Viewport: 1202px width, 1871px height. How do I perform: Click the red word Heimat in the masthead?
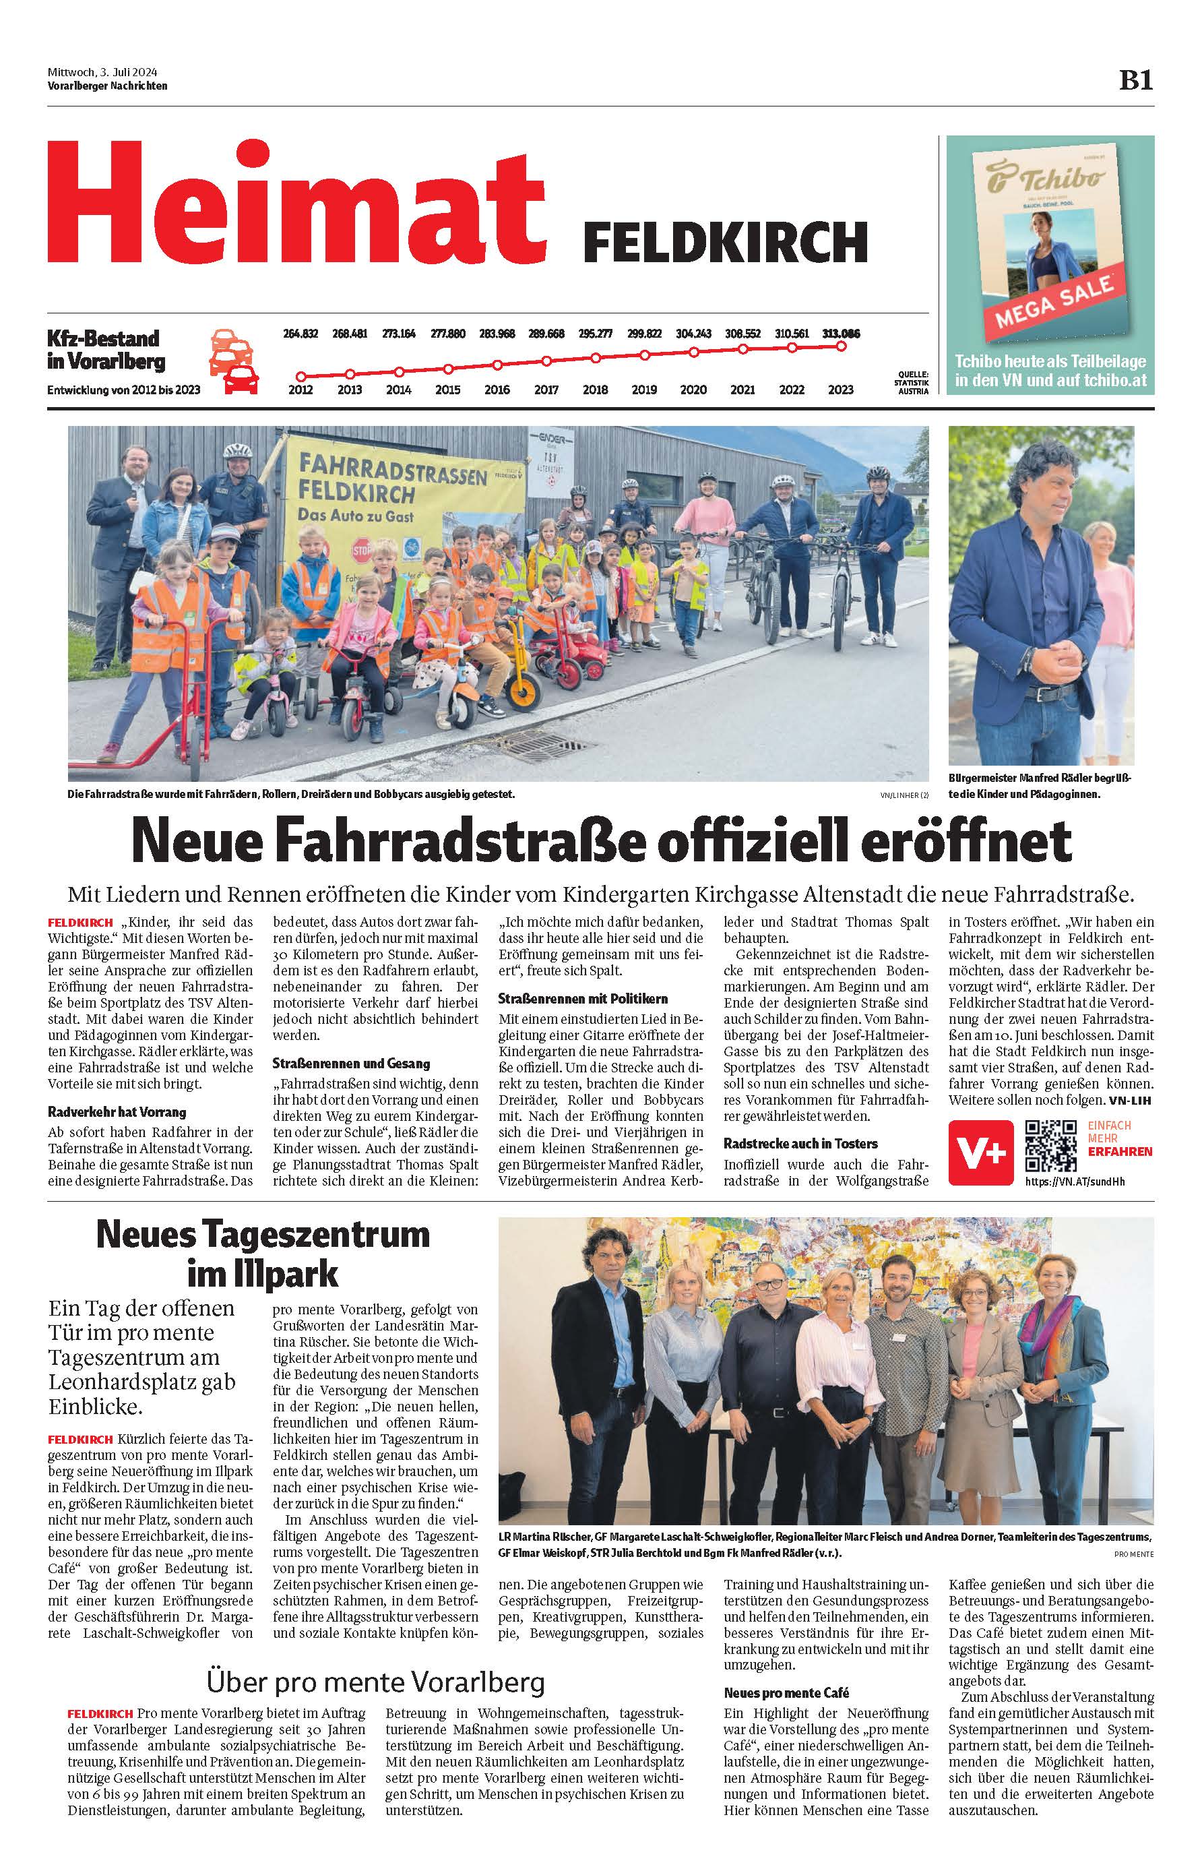296,204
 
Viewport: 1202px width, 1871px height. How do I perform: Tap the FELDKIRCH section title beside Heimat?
725,243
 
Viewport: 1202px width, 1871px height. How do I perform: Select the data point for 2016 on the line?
497,364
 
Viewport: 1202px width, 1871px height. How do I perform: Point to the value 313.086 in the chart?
841,334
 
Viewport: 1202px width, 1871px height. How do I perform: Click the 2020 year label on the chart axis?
693,390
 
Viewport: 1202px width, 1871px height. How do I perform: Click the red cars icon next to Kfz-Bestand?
233,361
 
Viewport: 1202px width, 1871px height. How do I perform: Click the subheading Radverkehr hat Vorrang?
117,1111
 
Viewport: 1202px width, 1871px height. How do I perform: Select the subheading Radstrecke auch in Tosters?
800,1144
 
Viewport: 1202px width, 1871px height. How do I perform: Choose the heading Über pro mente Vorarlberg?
375,1682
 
